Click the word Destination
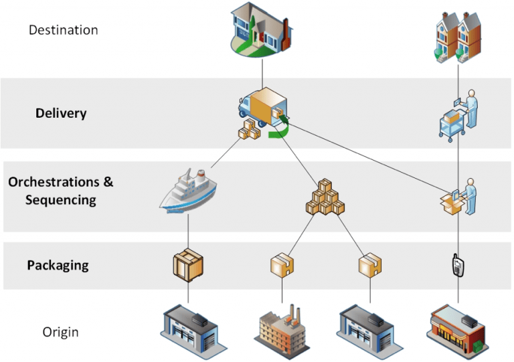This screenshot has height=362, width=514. pyautogui.click(x=64, y=30)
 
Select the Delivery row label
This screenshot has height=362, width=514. pyautogui.click(x=61, y=113)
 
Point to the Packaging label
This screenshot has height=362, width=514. pyautogui.click(x=58, y=265)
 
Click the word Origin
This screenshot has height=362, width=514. pyautogui.click(x=62, y=332)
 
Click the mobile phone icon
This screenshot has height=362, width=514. pyautogui.click(x=457, y=265)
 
